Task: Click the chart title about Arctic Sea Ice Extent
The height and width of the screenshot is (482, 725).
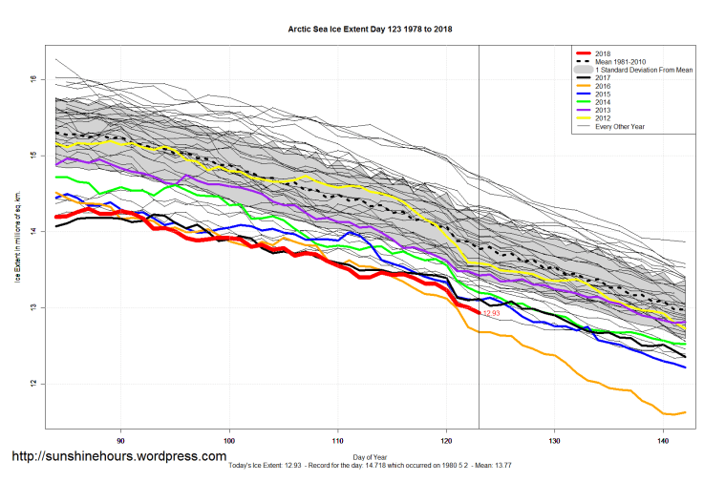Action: [370, 30]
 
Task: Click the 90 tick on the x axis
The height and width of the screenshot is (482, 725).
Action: [120, 442]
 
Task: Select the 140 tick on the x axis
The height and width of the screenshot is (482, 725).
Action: [663, 442]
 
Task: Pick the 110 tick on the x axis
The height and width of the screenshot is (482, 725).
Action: [337, 442]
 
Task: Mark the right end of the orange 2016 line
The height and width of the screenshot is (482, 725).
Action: [684, 412]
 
